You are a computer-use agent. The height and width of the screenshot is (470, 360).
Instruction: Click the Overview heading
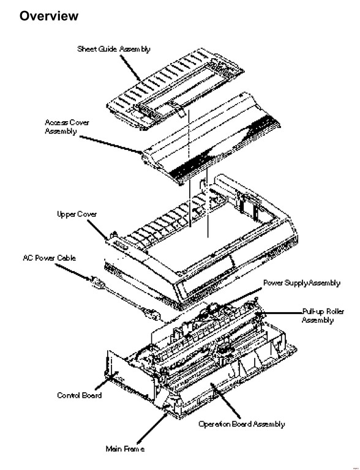(x=49, y=16)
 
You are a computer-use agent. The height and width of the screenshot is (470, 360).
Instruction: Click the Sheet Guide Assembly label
(x=114, y=49)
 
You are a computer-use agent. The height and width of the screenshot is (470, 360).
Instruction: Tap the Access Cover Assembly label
(x=67, y=127)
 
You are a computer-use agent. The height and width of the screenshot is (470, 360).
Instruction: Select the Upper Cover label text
(x=77, y=214)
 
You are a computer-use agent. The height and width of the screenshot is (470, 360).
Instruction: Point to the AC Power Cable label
(x=49, y=258)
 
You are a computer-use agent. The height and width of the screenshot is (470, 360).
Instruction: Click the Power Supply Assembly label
(x=302, y=283)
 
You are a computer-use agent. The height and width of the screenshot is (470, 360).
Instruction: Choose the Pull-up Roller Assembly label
(x=323, y=316)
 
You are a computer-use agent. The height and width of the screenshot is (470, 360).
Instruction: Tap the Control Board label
(x=79, y=395)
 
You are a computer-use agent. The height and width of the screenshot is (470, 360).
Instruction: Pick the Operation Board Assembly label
(x=241, y=424)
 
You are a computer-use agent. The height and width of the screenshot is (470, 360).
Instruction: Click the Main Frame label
(x=125, y=449)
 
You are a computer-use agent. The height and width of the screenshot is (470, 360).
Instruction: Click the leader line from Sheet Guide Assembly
(x=130, y=69)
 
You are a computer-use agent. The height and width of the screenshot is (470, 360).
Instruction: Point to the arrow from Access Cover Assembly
(x=111, y=145)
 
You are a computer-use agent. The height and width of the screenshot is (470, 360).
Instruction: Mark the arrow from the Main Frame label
(x=152, y=428)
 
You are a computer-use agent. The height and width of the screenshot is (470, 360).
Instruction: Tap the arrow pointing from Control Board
(x=107, y=381)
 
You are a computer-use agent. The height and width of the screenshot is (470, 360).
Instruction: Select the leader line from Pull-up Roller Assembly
(x=280, y=313)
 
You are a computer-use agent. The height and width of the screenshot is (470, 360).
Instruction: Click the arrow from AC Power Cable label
(x=73, y=273)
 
